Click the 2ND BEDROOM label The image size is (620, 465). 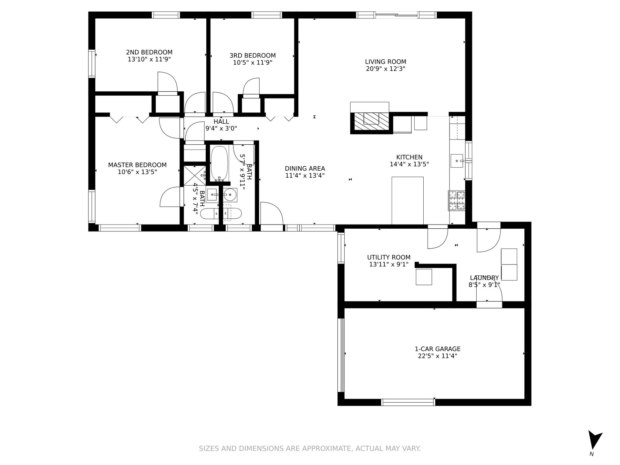(149, 52)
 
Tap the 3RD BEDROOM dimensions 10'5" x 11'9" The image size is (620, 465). (253, 63)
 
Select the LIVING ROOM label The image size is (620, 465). (386, 62)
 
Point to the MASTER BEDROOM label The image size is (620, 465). (137, 165)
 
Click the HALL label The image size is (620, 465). (221, 121)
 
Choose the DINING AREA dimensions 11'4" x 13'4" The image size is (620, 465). (305, 176)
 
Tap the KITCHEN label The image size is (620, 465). (409, 157)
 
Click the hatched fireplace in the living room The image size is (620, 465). (372, 123)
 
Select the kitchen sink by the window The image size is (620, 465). (457, 161)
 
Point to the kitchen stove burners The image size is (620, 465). (456, 200)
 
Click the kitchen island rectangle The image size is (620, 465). (408, 200)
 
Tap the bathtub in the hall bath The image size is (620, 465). (219, 163)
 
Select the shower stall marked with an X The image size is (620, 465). (194, 176)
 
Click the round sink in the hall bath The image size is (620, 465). (230, 194)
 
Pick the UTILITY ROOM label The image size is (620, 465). (389, 257)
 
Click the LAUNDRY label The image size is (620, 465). (484, 278)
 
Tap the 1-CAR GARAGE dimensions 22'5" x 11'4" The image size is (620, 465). (438, 356)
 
